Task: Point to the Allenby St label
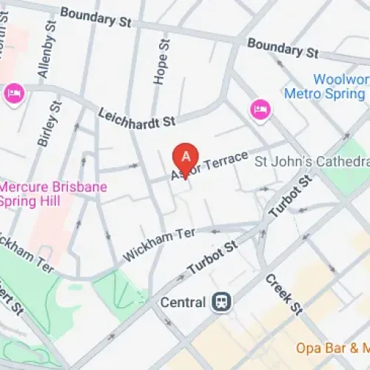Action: point(44,50)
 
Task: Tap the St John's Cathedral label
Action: point(312,161)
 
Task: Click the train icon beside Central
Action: point(220,302)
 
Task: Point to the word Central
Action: point(184,302)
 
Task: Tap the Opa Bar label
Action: point(332,347)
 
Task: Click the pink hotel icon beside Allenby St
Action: point(14,93)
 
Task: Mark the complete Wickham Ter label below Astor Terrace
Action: point(159,243)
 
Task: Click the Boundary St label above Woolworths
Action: point(283,49)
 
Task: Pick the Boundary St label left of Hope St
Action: point(95,17)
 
